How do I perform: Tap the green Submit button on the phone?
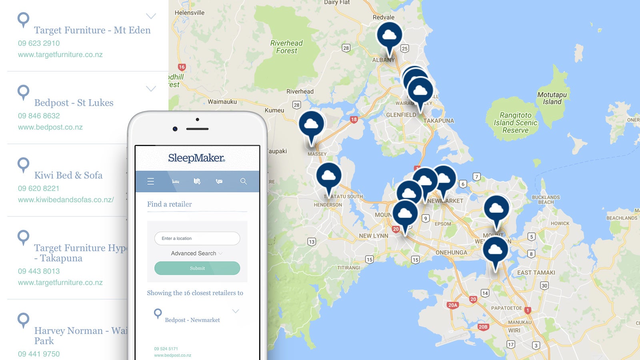click(x=197, y=268)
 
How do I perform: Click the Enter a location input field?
click(x=197, y=238)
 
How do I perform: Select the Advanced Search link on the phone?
click(x=196, y=253)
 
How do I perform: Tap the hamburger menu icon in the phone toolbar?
click(x=151, y=181)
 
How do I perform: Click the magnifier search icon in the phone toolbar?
click(x=243, y=181)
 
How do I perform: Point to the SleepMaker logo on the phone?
click(x=196, y=158)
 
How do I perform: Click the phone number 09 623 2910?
click(x=39, y=43)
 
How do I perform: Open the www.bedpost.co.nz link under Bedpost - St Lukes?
click(x=50, y=127)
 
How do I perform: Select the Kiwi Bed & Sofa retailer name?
click(x=68, y=175)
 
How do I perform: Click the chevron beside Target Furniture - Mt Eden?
click(x=151, y=16)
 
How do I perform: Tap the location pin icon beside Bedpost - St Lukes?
click(x=24, y=92)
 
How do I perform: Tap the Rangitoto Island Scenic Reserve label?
click(x=515, y=123)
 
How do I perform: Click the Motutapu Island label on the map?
click(x=552, y=98)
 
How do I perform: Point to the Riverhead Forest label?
click(x=286, y=47)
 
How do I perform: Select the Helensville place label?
click(x=190, y=13)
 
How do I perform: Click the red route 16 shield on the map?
click(x=182, y=67)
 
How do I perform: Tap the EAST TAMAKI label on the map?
click(x=536, y=273)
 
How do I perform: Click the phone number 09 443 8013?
click(x=39, y=271)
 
